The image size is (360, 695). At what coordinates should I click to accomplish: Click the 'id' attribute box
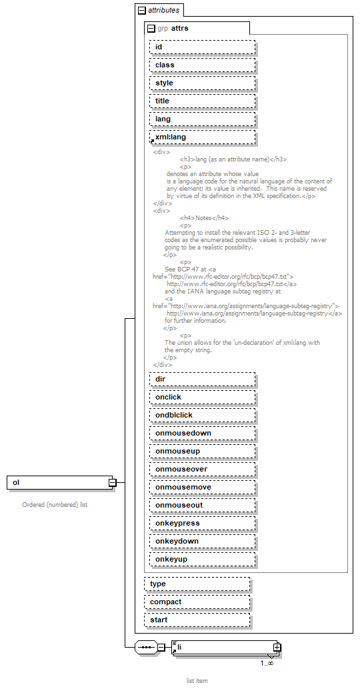click(202, 47)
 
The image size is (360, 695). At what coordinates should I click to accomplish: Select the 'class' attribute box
click(202, 65)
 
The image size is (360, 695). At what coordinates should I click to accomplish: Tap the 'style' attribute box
click(202, 83)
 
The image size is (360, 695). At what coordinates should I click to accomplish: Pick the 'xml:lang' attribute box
click(202, 137)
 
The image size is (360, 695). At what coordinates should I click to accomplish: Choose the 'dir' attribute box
click(202, 379)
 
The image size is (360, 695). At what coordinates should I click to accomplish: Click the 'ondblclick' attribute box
click(202, 415)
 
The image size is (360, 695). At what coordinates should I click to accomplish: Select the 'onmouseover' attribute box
click(202, 469)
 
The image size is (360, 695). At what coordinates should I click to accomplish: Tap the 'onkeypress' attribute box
click(202, 523)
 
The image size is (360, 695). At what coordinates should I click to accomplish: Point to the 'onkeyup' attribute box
click(202, 559)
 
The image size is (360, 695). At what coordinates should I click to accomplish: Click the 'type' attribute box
click(197, 584)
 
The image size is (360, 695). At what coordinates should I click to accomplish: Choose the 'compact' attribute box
click(197, 602)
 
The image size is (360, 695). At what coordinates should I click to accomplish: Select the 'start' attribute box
click(197, 620)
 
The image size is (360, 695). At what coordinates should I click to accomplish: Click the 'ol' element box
click(59, 482)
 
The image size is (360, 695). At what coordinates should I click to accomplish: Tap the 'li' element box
click(223, 647)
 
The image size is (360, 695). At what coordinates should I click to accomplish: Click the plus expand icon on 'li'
click(277, 647)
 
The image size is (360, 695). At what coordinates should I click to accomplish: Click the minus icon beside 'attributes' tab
click(141, 11)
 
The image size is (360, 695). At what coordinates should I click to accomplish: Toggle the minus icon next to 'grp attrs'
click(151, 28)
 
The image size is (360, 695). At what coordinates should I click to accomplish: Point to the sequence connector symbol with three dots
click(145, 647)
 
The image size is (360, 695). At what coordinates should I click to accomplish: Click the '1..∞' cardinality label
click(267, 663)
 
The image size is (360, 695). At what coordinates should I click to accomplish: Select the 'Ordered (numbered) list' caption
click(55, 504)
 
